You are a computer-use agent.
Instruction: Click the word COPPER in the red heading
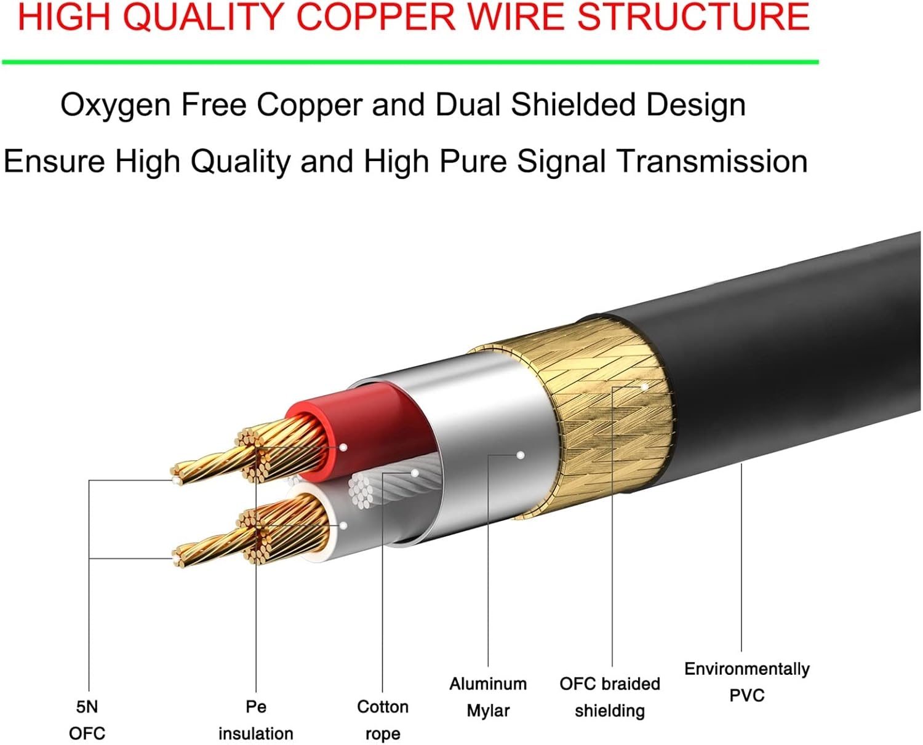click(x=375, y=17)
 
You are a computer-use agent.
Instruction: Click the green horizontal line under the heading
click(x=410, y=62)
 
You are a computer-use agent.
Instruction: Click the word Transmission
click(x=712, y=162)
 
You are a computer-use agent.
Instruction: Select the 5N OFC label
click(x=87, y=720)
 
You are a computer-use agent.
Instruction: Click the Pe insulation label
click(x=255, y=720)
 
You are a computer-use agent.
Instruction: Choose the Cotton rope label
click(x=382, y=720)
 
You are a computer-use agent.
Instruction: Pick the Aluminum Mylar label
click(x=488, y=696)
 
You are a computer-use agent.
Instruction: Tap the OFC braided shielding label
click(x=609, y=696)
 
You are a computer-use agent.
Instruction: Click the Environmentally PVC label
click(x=746, y=682)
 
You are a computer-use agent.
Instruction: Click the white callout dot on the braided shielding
click(x=645, y=387)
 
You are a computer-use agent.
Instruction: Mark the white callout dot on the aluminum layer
click(x=521, y=455)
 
